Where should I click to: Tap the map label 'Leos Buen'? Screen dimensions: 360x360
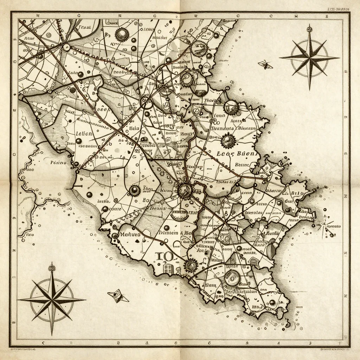tap(237, 154)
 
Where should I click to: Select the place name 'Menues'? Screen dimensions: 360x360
tap(130, 234)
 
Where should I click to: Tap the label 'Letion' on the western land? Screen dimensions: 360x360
tap(84, 134)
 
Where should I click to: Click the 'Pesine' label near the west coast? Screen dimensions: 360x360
tap(58, 162)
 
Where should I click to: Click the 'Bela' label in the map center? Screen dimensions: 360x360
tap(135, 129)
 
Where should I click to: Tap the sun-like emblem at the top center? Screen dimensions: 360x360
tap(122, 35)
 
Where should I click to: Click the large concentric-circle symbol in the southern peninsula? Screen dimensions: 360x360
tap(232, 279)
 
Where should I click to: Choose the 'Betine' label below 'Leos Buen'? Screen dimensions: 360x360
tap(242, 165)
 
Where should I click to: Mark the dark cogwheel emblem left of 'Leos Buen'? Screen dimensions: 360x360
tap(228, 141)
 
